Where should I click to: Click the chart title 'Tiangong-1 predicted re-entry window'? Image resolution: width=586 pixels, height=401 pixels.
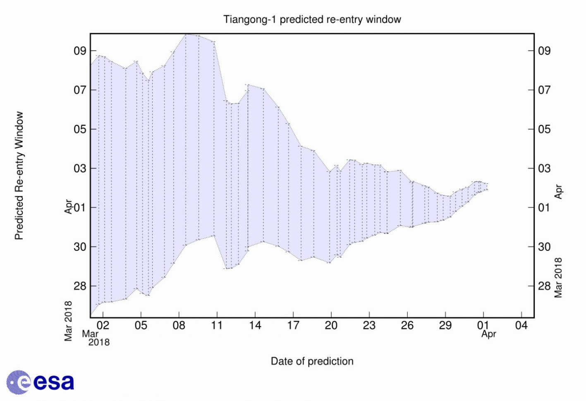click(x=312, y=19)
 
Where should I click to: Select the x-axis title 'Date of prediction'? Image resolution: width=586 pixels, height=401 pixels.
click(x=312, y=361)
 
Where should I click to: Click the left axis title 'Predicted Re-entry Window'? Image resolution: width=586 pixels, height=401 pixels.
click(x=19, y=176)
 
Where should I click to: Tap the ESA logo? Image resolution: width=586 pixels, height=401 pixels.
click(x=40, y=381)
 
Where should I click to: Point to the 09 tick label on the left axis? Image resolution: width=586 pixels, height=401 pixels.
click(x=80, y=51)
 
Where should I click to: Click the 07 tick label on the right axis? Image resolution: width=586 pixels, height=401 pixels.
click(x=544, y=90)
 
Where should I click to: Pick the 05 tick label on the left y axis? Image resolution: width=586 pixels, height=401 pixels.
click(x=80, y=129)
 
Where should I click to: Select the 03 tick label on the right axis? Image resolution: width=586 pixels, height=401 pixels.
click(x=544, y=168)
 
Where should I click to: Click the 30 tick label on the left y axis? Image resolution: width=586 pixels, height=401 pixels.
click(x=80, y=247)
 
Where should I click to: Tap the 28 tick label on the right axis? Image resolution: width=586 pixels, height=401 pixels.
click(x=544, y=286)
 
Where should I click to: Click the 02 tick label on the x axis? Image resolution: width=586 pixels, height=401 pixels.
click(x=103, y=326)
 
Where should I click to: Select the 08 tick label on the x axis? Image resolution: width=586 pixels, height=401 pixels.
click(x=179, y=326)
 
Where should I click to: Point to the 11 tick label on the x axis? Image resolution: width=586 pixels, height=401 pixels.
click(x=217, y=326)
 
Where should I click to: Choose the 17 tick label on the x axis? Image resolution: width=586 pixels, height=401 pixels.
click(x=293, y=326)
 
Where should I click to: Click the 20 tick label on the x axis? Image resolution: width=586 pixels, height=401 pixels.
click(x=331, y=326)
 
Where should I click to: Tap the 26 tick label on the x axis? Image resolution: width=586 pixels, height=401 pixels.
click(x=407, y=326)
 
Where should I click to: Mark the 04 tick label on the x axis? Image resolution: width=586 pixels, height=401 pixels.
click(x=521, y=326)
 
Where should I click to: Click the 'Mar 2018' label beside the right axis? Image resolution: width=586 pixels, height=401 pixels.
click(x=558, y=277)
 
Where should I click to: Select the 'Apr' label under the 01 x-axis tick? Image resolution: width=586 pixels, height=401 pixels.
click(x=488, y=334)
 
